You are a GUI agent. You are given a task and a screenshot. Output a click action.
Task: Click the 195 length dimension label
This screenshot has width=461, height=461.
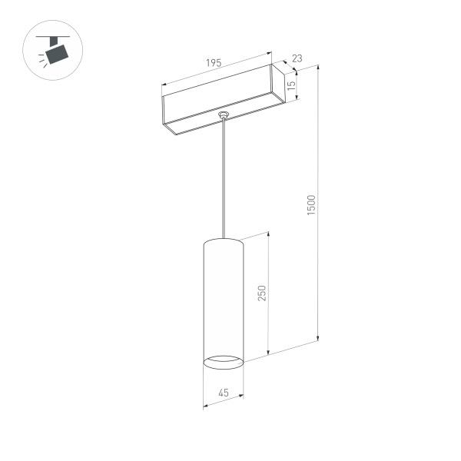[214, 64]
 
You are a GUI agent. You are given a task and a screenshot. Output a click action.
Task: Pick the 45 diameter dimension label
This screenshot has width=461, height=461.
[223, 393]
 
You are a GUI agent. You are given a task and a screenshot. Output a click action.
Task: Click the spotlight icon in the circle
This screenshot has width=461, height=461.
[54, 51]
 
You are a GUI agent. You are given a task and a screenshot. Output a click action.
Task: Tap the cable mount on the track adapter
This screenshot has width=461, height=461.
[224, 116]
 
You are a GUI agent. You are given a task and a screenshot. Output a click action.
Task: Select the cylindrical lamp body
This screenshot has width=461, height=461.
[223, 300]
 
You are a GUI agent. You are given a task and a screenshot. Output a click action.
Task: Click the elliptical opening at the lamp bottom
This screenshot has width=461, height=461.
[223, 360]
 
